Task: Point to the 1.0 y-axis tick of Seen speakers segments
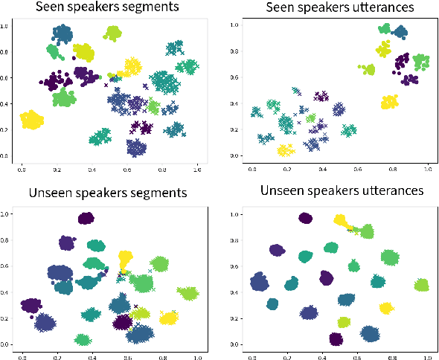point(7,26)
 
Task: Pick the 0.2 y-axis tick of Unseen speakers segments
point(7,318)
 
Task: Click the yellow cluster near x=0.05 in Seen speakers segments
point(32,120)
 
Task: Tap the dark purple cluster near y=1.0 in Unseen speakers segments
point(86,219)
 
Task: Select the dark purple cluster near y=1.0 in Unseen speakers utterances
point(304,218)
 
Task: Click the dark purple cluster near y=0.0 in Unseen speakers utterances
point(336,339)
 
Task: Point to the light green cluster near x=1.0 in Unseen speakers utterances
point(421,284)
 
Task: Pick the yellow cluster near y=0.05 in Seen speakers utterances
point(283,150)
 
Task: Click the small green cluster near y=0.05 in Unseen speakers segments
point(83,339)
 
